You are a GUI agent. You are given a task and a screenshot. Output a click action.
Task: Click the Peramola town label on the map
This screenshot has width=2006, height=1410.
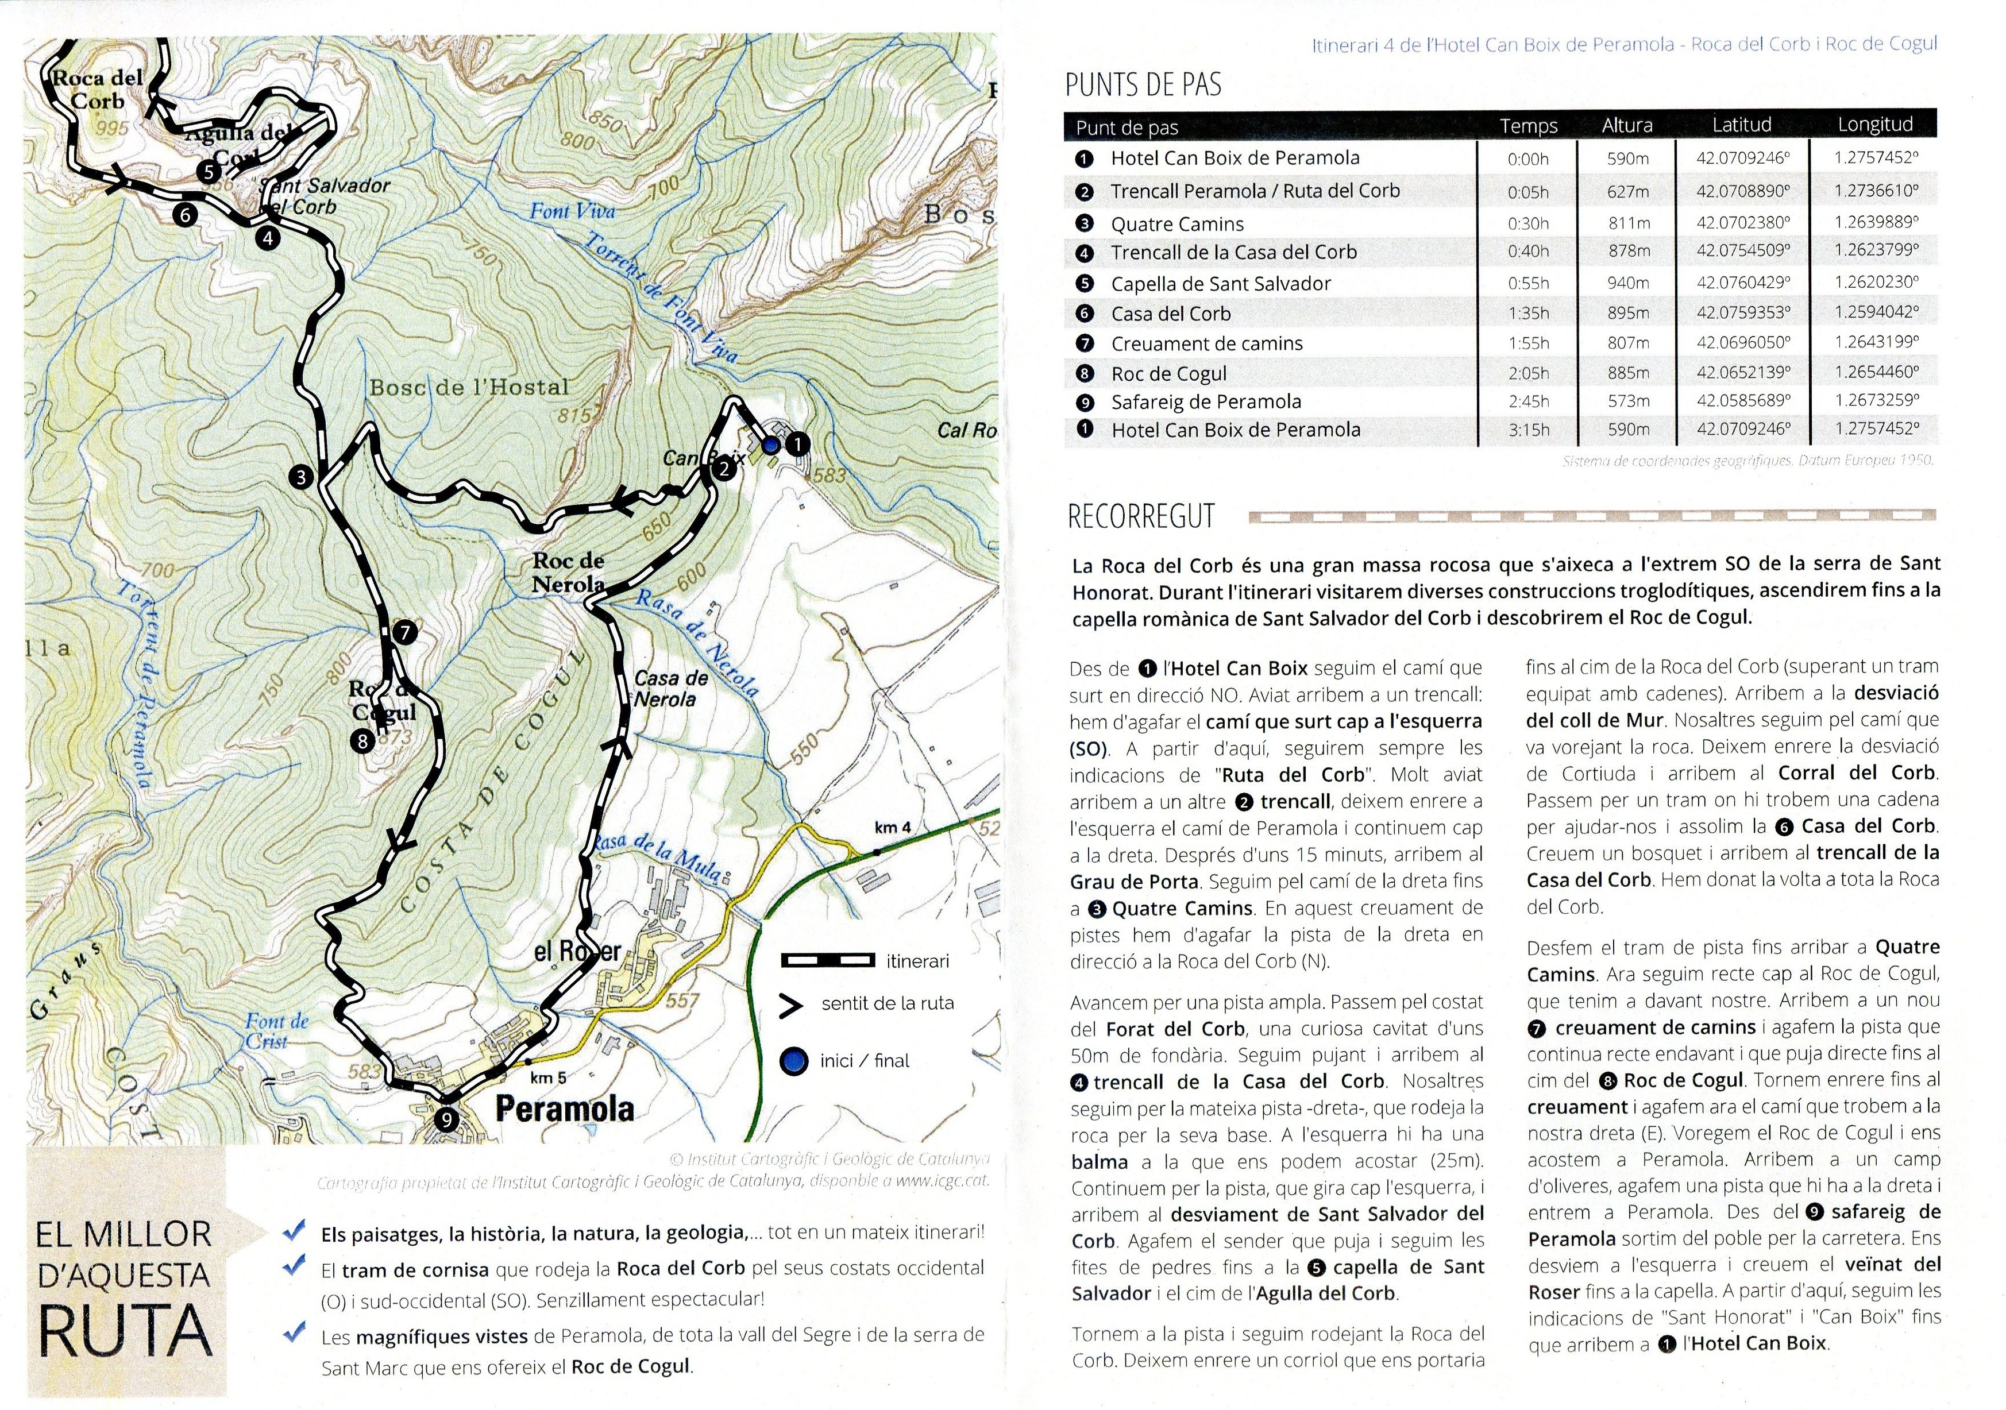(565, 1108)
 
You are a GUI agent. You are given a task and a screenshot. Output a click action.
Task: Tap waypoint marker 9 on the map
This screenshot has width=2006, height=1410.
(446, 1119)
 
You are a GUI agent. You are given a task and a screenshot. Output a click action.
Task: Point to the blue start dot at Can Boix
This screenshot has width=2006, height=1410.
(770, 446)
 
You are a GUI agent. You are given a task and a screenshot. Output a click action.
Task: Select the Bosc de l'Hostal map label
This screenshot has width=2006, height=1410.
(469, 387)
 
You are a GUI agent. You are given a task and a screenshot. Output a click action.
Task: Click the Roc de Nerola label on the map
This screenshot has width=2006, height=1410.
(568, 572)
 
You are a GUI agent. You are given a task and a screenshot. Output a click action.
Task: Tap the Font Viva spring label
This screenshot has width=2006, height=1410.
(572, 211)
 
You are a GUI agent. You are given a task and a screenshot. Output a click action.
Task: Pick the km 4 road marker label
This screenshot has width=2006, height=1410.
(892, 827)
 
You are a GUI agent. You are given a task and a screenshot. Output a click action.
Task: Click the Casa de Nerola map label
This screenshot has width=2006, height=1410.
(670, 689)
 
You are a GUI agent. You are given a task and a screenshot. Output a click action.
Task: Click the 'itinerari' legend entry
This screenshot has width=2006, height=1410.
(917, 961)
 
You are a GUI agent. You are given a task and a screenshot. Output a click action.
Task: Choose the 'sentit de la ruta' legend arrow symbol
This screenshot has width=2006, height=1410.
(790, 1006)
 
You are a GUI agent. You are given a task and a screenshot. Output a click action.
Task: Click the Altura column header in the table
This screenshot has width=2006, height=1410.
(1627, 126)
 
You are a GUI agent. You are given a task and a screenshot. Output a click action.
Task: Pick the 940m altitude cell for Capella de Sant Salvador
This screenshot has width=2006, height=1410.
(1627, 283)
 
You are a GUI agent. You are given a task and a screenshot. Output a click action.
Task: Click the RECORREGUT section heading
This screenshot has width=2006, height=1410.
(1141, 516)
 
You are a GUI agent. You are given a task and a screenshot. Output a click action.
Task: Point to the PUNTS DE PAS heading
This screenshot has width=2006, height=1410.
(1143, 85)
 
